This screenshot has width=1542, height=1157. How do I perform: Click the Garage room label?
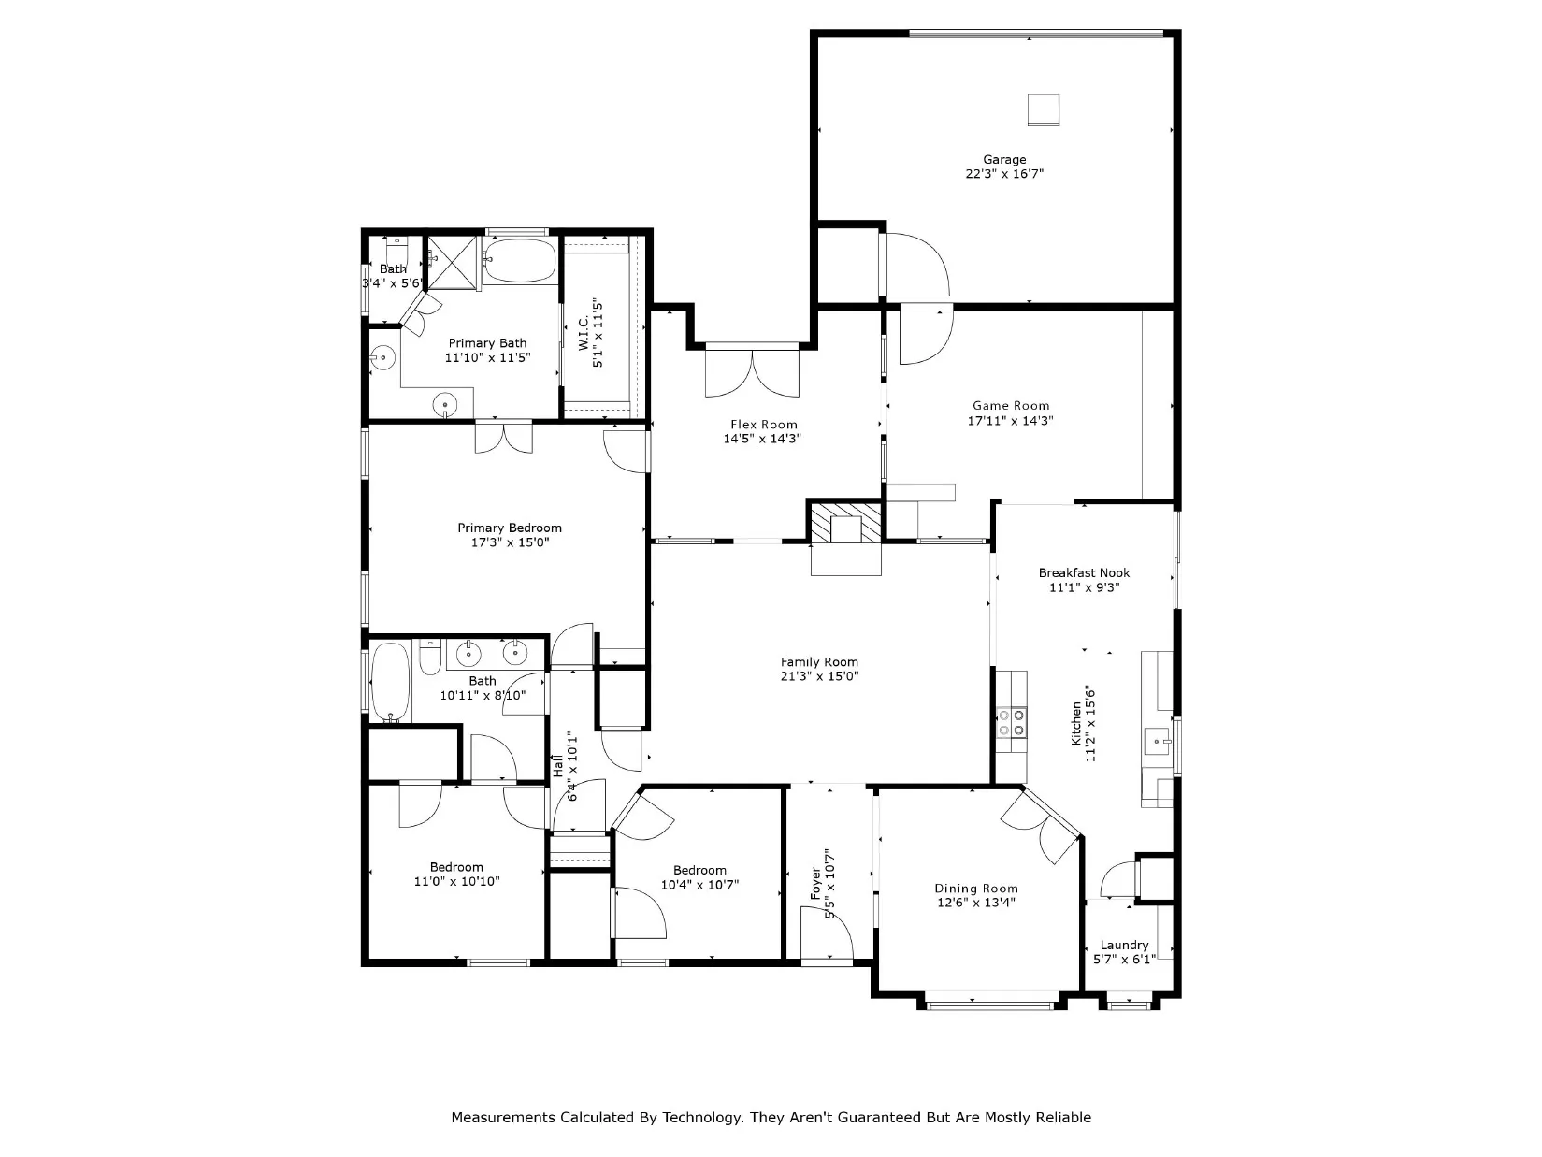click(x=1004, y=159)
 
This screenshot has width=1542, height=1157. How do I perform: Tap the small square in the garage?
click(x=1044, y=110)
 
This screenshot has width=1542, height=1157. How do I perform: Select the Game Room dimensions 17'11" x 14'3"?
click(x=1010, y=421)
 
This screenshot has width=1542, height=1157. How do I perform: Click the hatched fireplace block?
click(x=846, y=522)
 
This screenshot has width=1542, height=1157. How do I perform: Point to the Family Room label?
click(x=819, y=662)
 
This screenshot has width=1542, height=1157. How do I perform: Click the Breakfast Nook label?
click(x=1084, y=572)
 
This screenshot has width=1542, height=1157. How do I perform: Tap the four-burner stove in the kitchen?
click(x=1012, y=723)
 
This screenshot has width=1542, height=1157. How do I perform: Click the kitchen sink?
click(x=1157, y=742)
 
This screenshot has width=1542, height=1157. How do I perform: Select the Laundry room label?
click(x=1124, y=945)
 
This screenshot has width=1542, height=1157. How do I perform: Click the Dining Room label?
click(x=975, y=889)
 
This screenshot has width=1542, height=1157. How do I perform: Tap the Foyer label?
click(x=815, y=883)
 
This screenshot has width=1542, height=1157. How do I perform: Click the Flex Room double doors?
click(x=753, y=372)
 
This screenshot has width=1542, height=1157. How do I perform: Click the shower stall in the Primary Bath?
click(x=453, y=263)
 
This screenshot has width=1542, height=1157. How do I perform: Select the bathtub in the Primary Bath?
click(x=521, y=261)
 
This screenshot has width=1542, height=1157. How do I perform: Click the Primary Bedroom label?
click(x=510, y=528)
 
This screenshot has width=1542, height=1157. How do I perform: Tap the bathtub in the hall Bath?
click(x=390, y=682)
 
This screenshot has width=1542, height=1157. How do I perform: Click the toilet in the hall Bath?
click(x=430, y=657)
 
